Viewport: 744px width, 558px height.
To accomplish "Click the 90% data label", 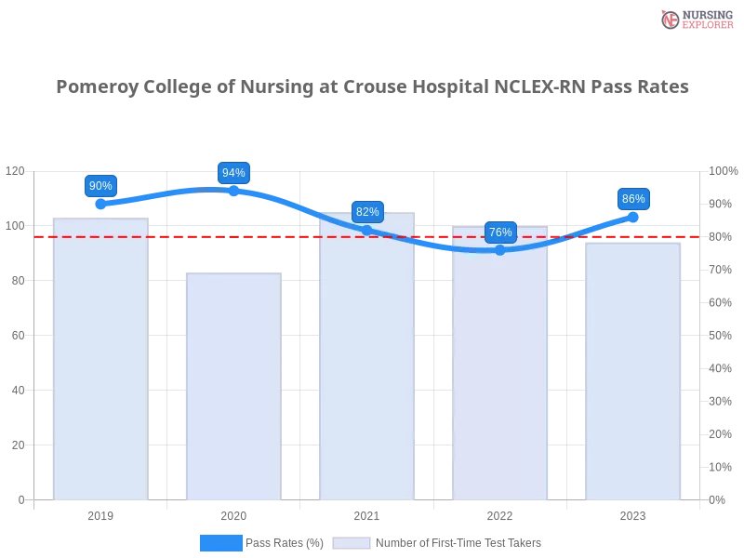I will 100,186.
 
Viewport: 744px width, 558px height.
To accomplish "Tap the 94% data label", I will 233,173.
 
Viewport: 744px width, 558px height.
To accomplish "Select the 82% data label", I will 367,212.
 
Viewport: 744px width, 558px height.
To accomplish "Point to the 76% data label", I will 500,232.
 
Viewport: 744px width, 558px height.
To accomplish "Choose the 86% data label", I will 633,199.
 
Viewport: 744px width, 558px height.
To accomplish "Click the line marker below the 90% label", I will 100,203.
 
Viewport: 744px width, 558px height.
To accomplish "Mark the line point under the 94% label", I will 233,190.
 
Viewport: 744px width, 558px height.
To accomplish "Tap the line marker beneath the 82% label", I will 367,229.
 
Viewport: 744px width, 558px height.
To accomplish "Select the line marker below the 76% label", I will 500,249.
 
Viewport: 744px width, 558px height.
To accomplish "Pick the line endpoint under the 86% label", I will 633,216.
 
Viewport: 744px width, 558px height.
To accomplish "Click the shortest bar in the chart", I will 233,386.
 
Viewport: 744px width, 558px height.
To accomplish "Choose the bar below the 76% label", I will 500,364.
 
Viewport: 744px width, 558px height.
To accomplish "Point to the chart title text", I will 371,87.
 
